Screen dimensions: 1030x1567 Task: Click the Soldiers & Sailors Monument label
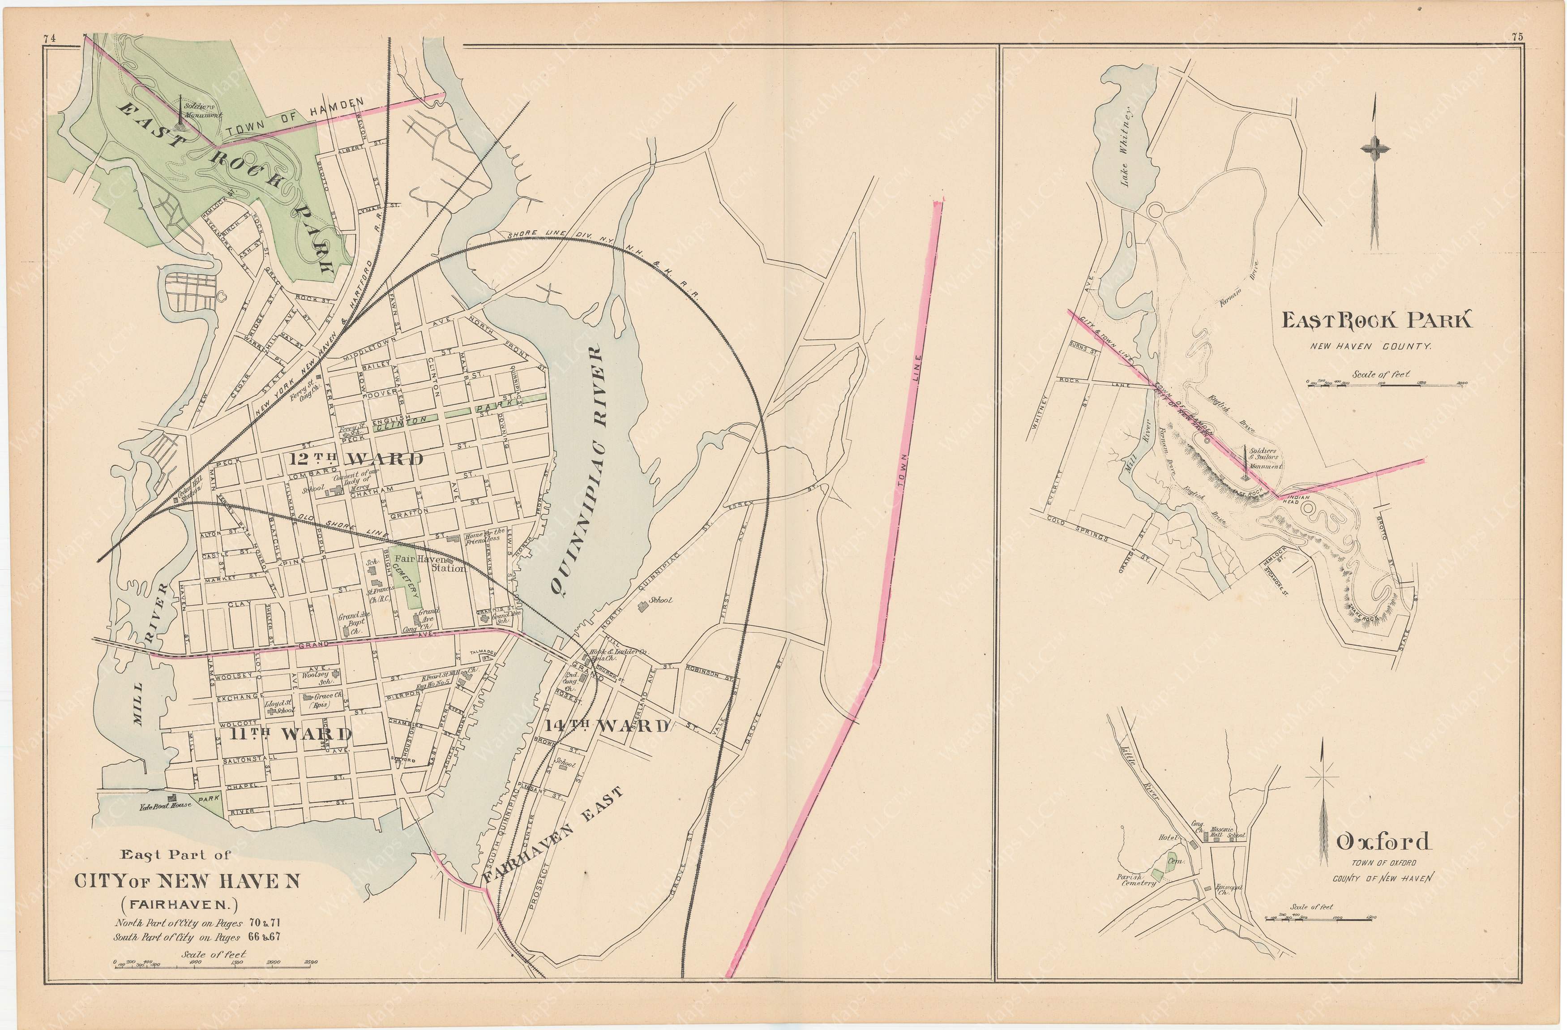[1263, 461]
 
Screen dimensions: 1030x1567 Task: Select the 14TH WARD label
[608, 726]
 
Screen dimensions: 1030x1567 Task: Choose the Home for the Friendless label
[484, 535]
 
